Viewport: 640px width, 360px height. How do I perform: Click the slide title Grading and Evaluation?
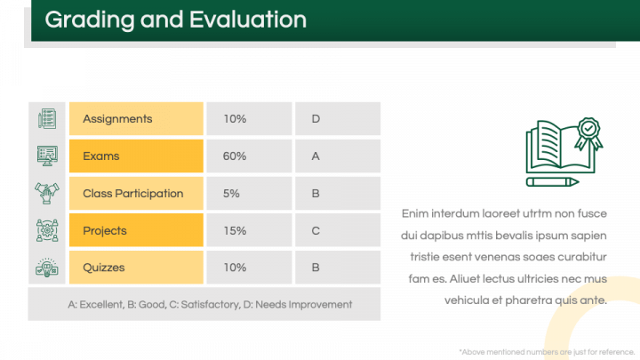pyautogui.click(x=175, y=20)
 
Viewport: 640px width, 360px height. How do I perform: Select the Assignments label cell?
pyautogui.click(x=136, y=119)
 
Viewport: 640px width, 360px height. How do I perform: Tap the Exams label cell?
pyautogui.click(x=136, y=156)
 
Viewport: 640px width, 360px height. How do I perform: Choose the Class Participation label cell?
pyautogui.click(x=136, y=194)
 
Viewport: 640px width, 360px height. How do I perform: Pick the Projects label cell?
pyautogui.click(x=136, y=231)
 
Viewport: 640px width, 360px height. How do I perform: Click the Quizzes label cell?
pyautogui.click(x=136, y=268)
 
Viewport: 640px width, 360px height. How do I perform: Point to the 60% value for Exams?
pyautogui.click(x=235, y=156)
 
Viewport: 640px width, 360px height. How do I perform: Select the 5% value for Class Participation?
pyautogui.click(x=232, y=194)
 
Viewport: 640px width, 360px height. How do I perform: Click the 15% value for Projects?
pyautogui.click(x=235, y=231)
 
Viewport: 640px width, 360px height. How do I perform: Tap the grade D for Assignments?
pyautogui.click(x=316, y=119)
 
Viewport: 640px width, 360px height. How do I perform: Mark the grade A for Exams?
pyautogui.click(x=316, y=156)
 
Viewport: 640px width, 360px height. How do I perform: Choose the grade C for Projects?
pyautogui.click(x=316, y=231)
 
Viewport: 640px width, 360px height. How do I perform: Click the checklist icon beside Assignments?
pyautogui.click(x=47, y=118)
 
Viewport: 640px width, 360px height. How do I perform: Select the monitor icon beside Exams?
pyautogui.click(x=47, y=156)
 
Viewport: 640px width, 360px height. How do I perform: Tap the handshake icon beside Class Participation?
pyautogui.click(x=47, y=193)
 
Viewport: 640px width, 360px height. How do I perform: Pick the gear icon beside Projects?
pyautogui.click(x=47, y=230)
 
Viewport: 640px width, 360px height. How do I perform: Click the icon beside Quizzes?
pyautogui.click(x=47, y=268)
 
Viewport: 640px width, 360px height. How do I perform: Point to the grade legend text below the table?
pyautogui.click(x=210, y=305)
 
